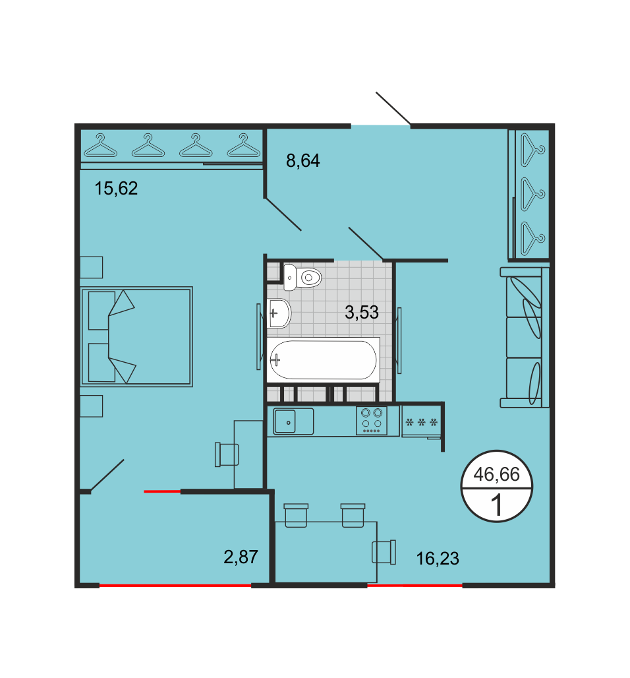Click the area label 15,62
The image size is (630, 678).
pyautogui.click(x=116, y=189)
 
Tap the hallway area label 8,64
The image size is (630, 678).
pyautogui.click(x=303, y=161)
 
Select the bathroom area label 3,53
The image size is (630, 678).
pyautogui.click(x=362, y=312)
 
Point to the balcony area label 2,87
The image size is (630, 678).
pyautogui.click(x=241, y=557)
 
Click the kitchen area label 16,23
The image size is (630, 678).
pyautogui.click(x=438, y=559)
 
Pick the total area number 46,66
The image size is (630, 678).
pyautogui.click(x=496, y=474)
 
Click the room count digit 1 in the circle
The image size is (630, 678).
pyautogui.click(x=497, y=505)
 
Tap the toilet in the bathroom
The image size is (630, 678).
pyautogui.click(x=302, y=277)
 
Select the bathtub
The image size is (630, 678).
pyautogui.click(x=323, y=360)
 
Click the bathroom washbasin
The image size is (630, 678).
pyautogui.click(x=279, y=313)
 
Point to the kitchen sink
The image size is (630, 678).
pyautogui.click(x=293, y=421)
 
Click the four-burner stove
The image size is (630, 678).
pyautogui.click(x=372, y=420)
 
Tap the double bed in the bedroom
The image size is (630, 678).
pyautogui.click(x=136, y=336)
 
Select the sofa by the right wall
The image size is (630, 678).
pyautogui.click(x=525, y=337)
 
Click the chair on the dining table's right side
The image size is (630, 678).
pyautogui.click(x=384, y=552)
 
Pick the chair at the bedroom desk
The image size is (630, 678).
pyautogui.click(x=227, y=454)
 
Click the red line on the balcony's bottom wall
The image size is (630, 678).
pyautogui.click(x=175, y=586)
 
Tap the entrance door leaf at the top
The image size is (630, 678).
pyautogui.click(x=393, y=108)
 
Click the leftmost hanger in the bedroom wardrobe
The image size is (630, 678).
pyautogui.click(x=101, y=145)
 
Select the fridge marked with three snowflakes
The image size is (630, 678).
pyautogui.click(x=421, y=422)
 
